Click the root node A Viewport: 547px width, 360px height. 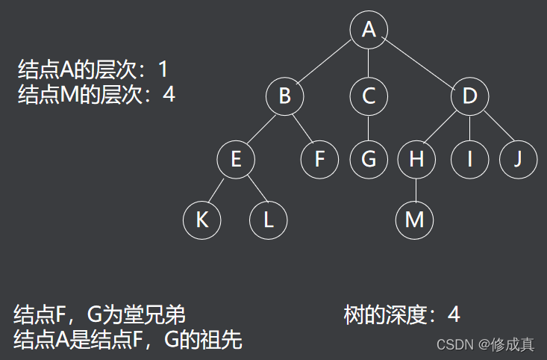(369, 29)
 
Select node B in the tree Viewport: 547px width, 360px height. (284, 96)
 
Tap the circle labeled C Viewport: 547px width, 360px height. (369, 96)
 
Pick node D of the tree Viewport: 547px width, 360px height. (469, 96)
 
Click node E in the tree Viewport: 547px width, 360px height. (236, 159)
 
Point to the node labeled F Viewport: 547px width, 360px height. (319, 159)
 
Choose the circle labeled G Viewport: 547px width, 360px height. (369, 159)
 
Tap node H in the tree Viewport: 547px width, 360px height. (416, 159)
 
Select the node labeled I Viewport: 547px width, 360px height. (469, 159)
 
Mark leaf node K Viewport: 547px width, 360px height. (201, 220)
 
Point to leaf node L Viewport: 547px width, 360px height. (269, 220)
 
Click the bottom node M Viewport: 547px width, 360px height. (414, 220)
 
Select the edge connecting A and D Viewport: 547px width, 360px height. (418, 62)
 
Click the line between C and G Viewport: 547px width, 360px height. (369, 128)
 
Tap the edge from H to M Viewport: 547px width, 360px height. (416, 190)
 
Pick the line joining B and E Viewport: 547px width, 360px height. (260, 128)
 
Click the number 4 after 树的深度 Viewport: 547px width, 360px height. (454, 314)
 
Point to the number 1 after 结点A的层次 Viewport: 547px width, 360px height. (163, 70)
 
